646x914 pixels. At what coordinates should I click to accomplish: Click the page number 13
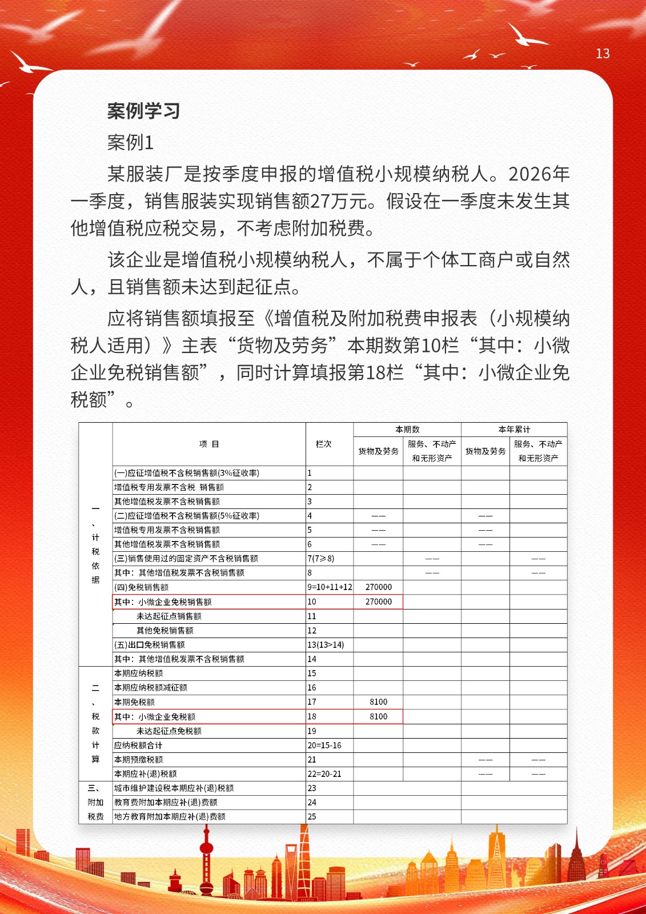click(x=603, y=54)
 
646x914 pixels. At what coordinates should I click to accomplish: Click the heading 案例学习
click(x=143, y=111)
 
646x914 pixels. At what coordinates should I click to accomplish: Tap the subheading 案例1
click(x=130, y=142)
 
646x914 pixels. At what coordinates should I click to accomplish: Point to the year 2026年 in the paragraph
click(x=539, y=174)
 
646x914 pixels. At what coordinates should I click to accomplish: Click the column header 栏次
click(x=323, y=444)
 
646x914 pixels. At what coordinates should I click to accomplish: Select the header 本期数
click(x=407, y=430)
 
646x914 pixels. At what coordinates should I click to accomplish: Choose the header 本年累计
click(x=514, y=430)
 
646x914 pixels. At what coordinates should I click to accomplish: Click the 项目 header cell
click(x=209, y=444)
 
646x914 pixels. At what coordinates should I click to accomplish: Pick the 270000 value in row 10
click(x=378, y=602)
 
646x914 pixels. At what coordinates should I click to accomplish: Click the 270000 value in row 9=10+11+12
click(x=378, y=587)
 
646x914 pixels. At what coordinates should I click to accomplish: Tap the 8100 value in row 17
click(x=378, y=702)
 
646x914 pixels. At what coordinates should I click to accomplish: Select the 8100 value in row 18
click(x=378, y=716)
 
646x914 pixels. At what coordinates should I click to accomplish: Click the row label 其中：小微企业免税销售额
click(x=163, y=602)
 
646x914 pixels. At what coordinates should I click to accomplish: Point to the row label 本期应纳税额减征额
click(x=151, y=688)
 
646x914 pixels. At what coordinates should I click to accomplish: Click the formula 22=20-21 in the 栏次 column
click(x=324, y=774)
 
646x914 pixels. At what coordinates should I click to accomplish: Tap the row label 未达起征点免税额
click(x=168, y=731)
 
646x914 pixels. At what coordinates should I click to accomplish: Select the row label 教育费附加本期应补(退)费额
click(x=166, y=803)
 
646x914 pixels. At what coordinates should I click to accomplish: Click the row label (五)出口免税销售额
click(x=150, y=645)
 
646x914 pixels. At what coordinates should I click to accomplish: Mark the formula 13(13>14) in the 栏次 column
click(x=326, y=645)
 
